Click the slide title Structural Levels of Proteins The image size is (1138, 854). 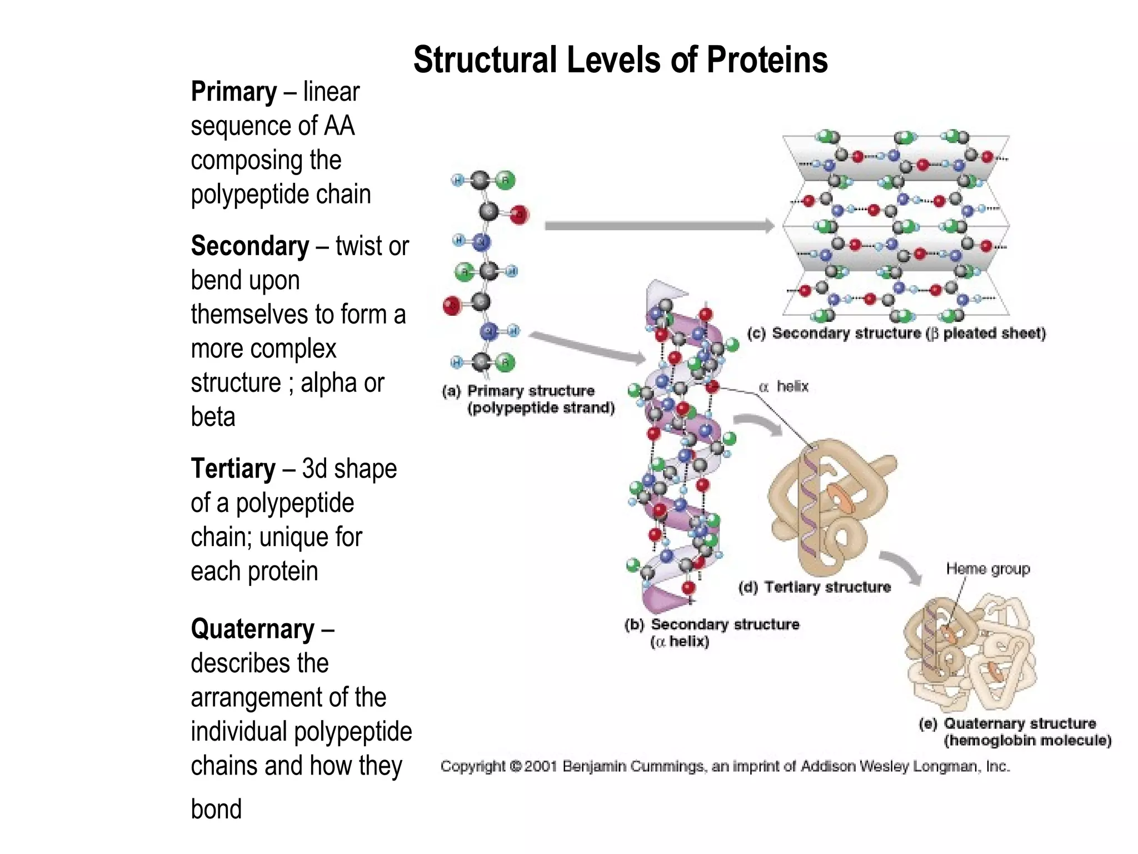coord(620,60)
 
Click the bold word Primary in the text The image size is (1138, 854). coord(233,92)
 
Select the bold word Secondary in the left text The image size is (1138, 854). coord(249,246)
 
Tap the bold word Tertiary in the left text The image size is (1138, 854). coord(233,469)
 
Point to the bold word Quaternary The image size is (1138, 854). coord(252,629)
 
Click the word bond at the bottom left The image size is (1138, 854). coord(216,809)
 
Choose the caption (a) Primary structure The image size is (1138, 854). coord(528,399)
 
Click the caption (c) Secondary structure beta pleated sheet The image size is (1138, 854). coord(896,334)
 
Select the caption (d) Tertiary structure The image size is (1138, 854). coord(814,587)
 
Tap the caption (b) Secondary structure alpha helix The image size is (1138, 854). coord(711,633)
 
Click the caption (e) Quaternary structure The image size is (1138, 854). coord(1014,732)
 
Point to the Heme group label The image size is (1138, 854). coord(987,569)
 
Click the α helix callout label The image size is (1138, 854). coord(784,386)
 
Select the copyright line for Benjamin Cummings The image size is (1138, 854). coord(725,767)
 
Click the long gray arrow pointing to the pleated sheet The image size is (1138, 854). coord(658,226)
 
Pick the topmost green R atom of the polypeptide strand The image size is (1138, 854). coord(505,180)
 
